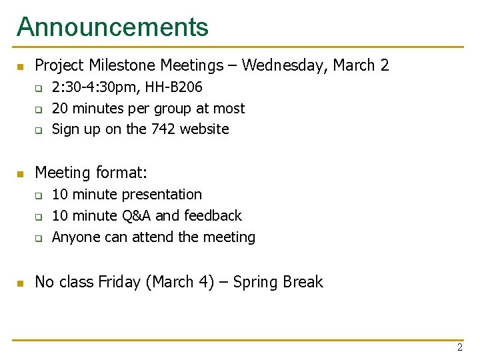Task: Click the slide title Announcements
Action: tap(112, 27)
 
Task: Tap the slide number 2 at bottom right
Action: tap(459, 348)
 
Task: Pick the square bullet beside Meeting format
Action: tap(20, 174)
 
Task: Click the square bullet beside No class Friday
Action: tap(20, 283)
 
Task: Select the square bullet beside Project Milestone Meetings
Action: tap(20, 67)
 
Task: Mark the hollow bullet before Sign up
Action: tap(39, 130)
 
